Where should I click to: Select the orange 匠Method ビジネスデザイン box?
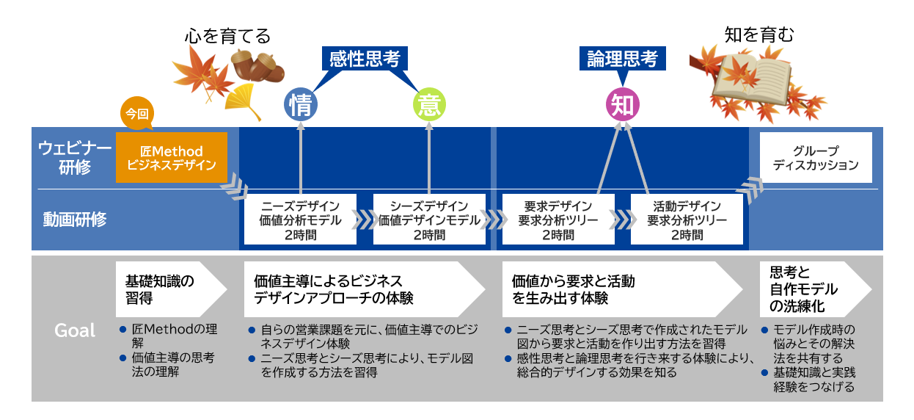point(172,158)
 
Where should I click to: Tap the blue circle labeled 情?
point(301,106)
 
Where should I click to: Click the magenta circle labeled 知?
point(622,106)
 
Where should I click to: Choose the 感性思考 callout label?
point(364,59)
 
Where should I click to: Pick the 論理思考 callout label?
point(622,59)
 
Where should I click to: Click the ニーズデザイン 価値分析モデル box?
point(300,219)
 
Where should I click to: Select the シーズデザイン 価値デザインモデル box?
point(428,219)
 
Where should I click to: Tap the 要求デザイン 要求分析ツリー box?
point(557,219)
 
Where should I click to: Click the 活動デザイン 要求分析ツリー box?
point(687,219)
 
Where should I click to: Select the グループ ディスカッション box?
point(815,158)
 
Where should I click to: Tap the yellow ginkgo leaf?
point(244,101)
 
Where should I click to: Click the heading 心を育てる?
point(227,35)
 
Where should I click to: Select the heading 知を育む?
point(758,34)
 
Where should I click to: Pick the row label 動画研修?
point(74,219)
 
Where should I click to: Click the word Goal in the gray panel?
point(75,330)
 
